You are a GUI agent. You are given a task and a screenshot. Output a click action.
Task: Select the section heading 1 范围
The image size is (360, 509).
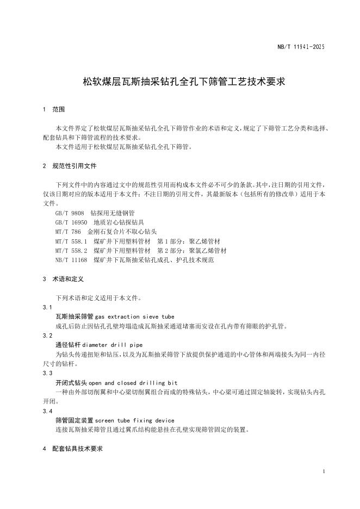click(x=54, y=110)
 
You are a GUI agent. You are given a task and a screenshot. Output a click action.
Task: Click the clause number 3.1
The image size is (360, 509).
click(x=47, y=307)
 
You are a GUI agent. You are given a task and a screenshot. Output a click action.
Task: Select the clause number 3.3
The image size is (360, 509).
click(x=47, y=374)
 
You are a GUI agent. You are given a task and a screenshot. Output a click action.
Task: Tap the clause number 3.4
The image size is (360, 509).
click(x=47, y=411)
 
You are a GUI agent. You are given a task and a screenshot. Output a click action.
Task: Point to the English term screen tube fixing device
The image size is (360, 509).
click(x=135, y=420)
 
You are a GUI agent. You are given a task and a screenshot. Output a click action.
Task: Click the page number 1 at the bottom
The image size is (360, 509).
click(x=323, y=471)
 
